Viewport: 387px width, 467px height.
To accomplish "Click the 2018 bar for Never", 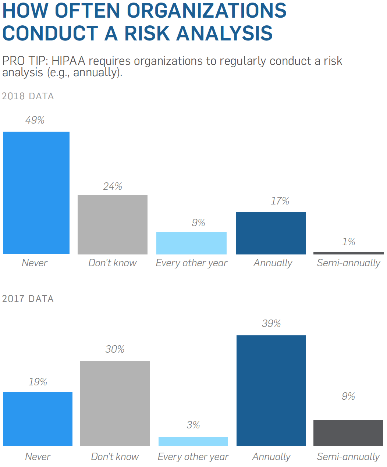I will [36, 193].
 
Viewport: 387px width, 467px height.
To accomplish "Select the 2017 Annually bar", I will [271, 391].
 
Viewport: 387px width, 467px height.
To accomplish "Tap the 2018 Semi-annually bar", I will [348, 253].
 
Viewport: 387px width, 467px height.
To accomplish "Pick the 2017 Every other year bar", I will [193, 441].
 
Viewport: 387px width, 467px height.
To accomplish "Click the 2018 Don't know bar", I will [113, 224].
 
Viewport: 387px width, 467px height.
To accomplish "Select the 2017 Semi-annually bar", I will [348, 433].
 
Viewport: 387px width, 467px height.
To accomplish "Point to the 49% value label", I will [35, 120].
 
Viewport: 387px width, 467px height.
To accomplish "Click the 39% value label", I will [271, 324].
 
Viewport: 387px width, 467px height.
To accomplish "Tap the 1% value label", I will [348, 242].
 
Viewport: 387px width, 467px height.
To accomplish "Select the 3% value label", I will [193, 425].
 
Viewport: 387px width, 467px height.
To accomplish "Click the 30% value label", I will [115, 349].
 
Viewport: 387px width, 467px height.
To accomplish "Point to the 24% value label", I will [113, 186].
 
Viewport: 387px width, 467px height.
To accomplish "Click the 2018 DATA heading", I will [28, 96].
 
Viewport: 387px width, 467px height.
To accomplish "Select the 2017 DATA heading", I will [28, 299].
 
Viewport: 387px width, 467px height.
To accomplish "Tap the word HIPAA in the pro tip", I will [68, 61].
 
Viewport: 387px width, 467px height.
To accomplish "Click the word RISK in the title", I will [148, 33].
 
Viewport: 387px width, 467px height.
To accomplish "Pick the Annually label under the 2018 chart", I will [273, 263].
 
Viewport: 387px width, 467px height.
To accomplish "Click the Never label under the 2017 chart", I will [38, 457].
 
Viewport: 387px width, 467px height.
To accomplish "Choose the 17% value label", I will [280, 201].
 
